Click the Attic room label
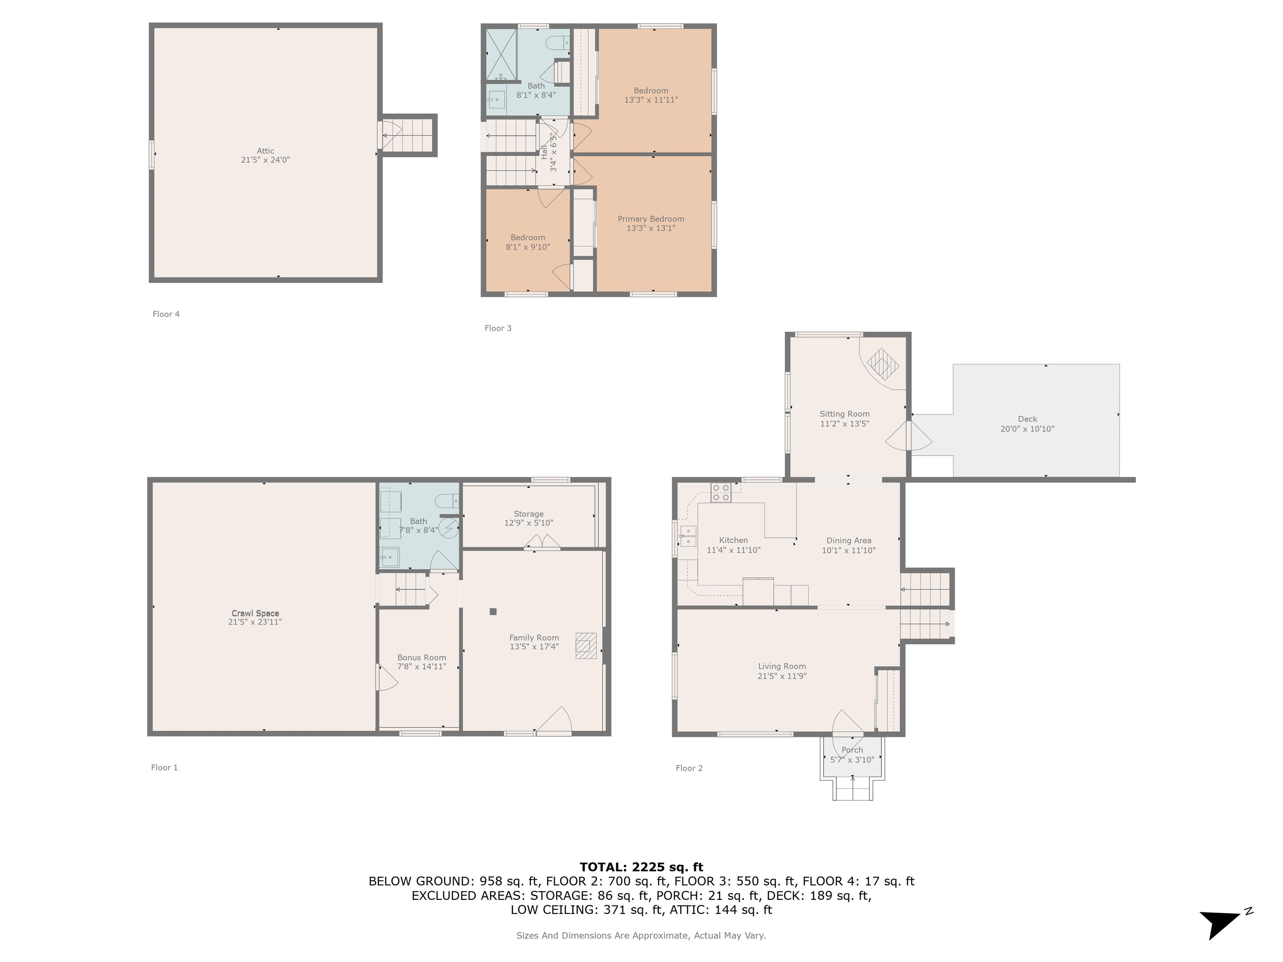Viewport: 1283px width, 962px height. click(266, 151)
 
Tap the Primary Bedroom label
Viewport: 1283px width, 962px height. click(651, 219)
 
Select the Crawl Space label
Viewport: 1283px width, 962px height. click(255, 613)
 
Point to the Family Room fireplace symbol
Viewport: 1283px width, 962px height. click(586, 646)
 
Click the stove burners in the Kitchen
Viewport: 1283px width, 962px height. click(721, 493)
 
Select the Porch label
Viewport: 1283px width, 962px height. click(852, 750)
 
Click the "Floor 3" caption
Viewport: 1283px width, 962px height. click(498, 328)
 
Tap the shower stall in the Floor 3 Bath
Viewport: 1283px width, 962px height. click(501, 54)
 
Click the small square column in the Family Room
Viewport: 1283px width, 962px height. click(493, 611)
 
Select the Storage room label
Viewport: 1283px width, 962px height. click(528, 514)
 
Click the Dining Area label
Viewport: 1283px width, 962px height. click(849, 540)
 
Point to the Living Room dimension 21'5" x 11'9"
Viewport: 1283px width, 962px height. click(782, 676)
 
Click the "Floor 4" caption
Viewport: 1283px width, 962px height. click(166, 314)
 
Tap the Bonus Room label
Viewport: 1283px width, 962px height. click(422, 658)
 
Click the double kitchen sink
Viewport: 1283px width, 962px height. click(688, 537)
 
